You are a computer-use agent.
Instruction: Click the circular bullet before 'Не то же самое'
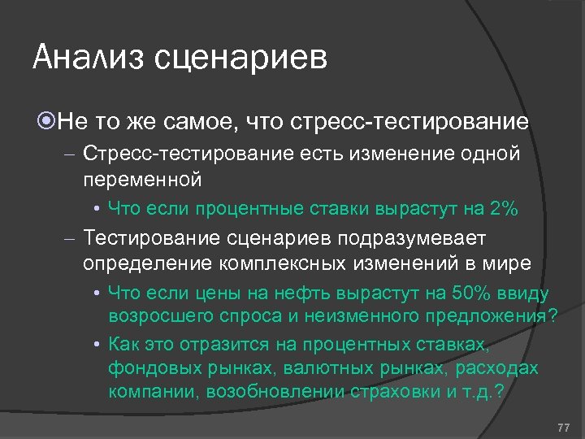click(45, 122)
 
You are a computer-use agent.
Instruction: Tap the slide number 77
click(564, 428)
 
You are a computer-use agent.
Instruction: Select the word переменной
click(142, 178)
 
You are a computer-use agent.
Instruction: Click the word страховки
click(395, 392)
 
